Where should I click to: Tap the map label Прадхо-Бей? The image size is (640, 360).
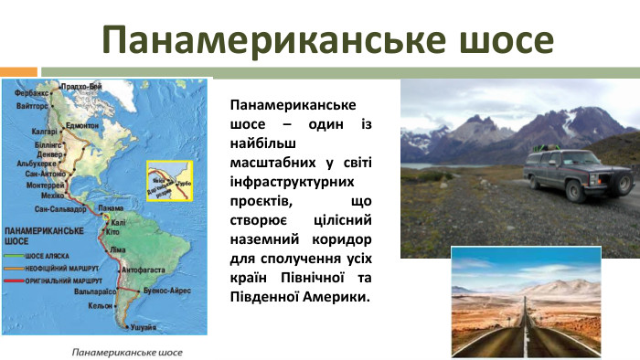80,86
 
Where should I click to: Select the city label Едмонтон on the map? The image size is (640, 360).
81,125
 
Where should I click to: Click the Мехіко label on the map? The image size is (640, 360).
53,195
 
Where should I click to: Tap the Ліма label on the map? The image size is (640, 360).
118,249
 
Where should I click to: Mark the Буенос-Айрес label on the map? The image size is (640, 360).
167,290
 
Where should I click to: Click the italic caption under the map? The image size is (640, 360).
127,352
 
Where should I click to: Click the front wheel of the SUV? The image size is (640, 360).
575,193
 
